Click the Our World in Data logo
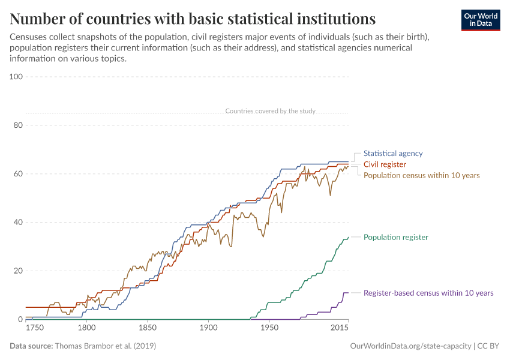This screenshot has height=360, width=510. pos(480,20)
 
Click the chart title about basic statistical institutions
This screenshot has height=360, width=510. pos(193,19)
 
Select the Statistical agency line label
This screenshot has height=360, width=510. pos(393,154)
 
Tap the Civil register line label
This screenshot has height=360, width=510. pos(385,164)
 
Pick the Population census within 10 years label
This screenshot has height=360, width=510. pos(421,175)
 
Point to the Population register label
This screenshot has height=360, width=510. pos(395,237)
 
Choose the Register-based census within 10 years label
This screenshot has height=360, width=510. pos(428,293)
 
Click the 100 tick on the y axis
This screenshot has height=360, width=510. pos(16,77)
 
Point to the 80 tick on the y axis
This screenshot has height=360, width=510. pos(18,125)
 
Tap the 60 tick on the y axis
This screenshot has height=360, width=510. pos(18,174)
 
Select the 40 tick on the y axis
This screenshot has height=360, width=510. pos(18,222)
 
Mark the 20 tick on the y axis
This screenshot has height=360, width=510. pos(18,271)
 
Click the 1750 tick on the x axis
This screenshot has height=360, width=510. pos(35,328)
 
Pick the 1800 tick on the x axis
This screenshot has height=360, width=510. pos(87,328)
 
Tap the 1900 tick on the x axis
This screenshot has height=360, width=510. pos(209,328)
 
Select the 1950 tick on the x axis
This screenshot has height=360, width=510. pos(269,328)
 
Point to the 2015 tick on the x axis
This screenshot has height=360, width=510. pos(340,328)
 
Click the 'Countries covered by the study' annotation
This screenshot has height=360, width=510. pos(270,111)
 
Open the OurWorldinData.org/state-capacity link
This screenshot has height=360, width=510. pos(410,346)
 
